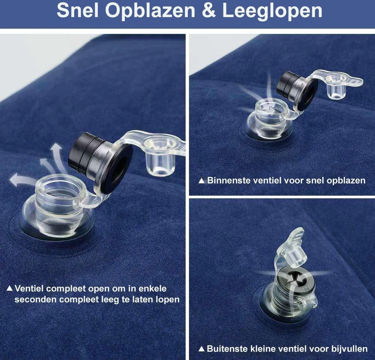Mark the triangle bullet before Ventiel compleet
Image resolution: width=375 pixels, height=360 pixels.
tap(10, 288)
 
